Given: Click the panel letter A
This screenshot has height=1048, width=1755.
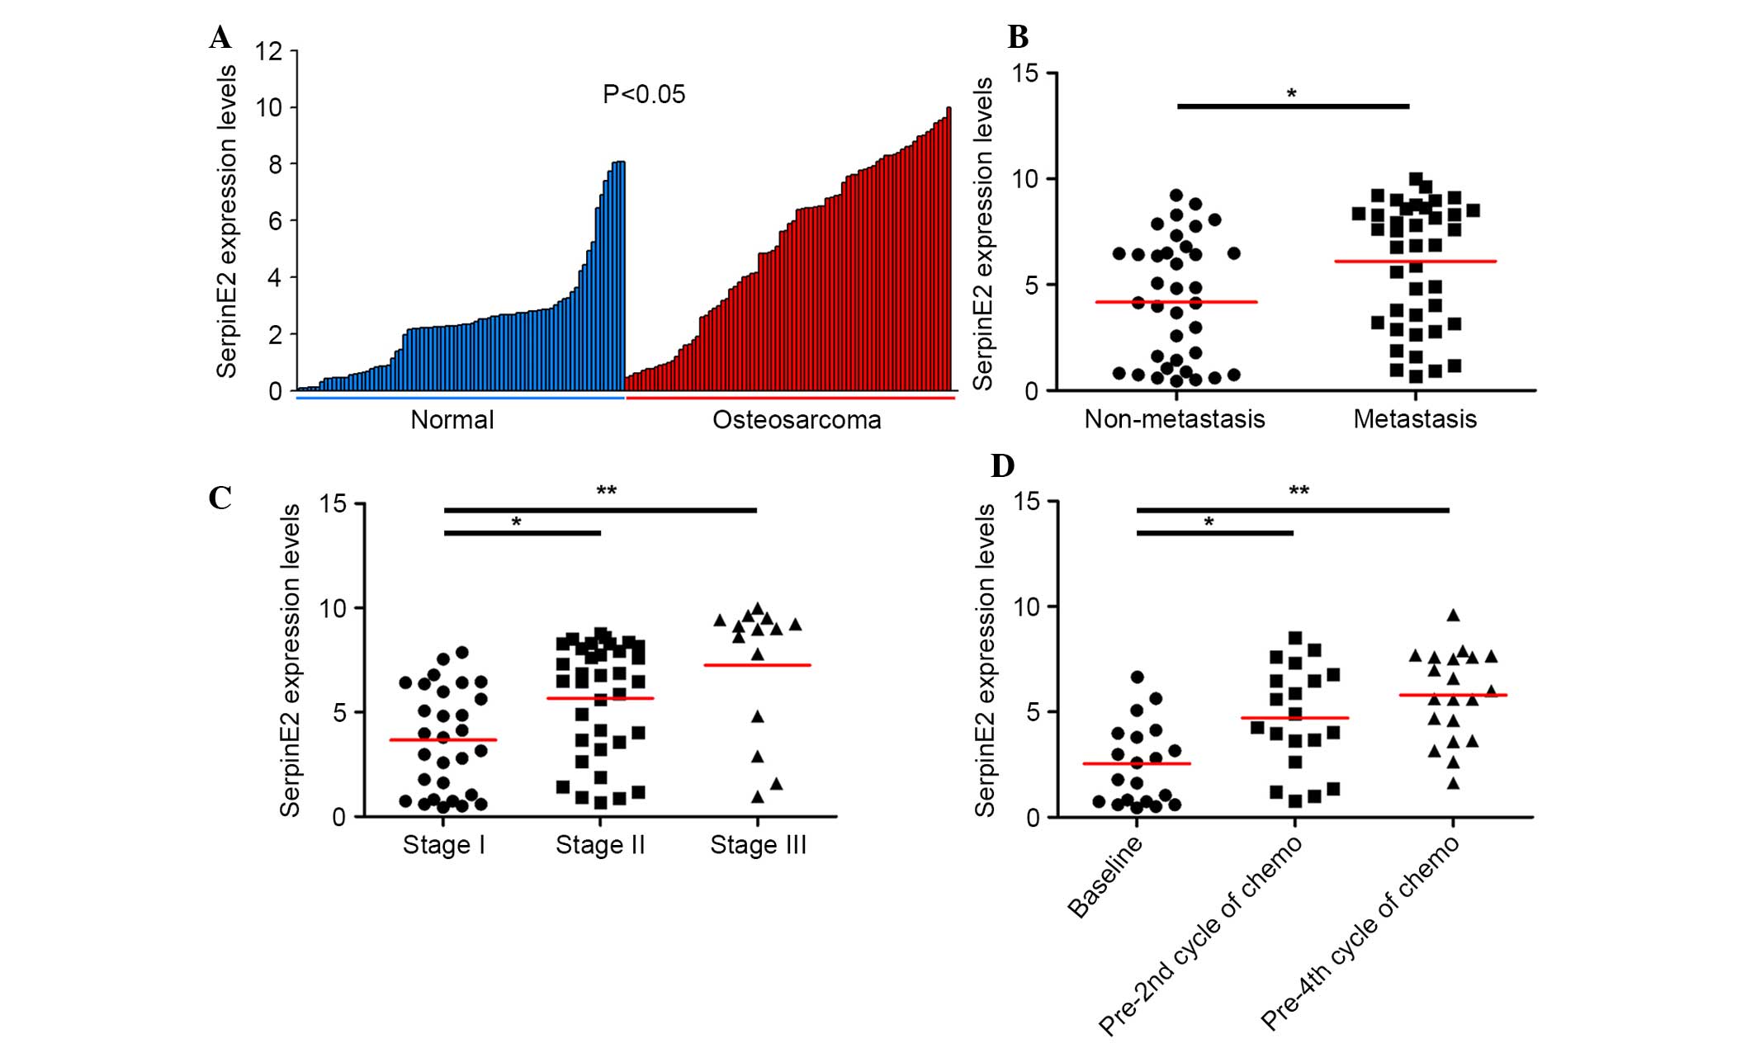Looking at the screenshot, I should (220, 38).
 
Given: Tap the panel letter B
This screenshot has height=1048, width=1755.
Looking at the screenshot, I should (1018, 38).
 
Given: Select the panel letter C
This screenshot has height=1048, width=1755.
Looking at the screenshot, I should (220, 498).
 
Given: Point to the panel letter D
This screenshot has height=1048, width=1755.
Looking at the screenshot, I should (1002, 467).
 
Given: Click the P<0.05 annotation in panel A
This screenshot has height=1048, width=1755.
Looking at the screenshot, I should (644, 95).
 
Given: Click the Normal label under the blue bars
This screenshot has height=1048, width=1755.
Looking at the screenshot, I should (452, 420).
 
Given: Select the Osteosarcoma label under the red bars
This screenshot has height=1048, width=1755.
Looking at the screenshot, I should (797, 420).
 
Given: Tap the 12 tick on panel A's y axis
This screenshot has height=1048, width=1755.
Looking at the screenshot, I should (269, 51).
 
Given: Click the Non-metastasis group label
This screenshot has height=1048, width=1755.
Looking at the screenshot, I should (1174, 419).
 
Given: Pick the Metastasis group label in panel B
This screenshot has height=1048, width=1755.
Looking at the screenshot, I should (1415, 419).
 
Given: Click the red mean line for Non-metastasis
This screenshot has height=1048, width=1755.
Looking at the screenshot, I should (1176, 302).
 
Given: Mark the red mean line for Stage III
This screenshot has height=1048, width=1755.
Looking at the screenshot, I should (757, 665).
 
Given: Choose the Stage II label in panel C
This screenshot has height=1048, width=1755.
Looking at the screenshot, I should (600, 845).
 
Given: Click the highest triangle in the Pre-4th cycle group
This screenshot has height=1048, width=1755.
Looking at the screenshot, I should (1454, 616).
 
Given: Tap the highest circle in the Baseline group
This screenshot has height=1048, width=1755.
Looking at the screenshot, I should (1137, 677).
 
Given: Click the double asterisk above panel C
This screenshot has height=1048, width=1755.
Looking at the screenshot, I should (606, 492).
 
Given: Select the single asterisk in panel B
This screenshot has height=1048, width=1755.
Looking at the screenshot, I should (1292, 94).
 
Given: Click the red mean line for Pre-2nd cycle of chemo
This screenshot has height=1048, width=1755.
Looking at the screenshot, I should (1294, 718).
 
